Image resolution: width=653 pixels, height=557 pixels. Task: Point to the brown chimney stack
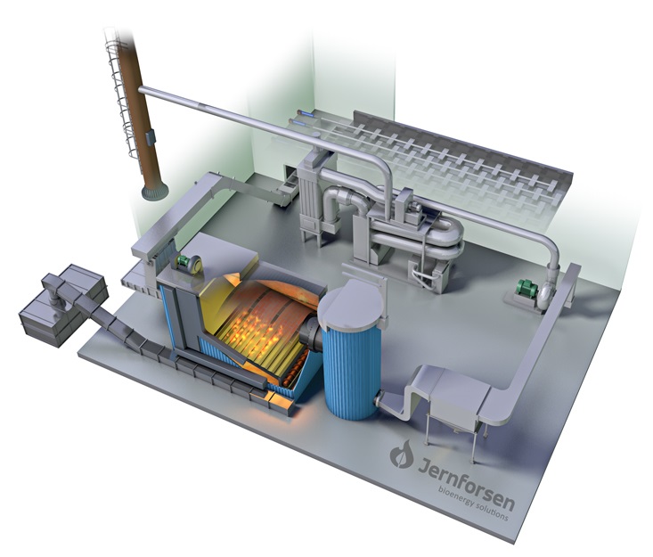(x=137, y=109)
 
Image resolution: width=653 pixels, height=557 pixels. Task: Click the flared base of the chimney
(x=155, y=192)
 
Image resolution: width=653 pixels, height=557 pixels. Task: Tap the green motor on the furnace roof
(x=184, y=263)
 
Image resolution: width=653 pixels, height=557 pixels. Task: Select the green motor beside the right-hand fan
(x=526, y=289)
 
